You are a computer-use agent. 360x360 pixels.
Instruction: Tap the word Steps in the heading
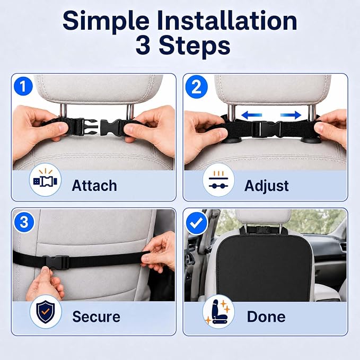[x=195, y=46]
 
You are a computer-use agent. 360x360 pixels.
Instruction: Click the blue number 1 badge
[x=23, y=86]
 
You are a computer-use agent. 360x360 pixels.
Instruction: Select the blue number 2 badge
[x=196, y=87]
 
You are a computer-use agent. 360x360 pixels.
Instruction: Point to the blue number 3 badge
[x=24, y=222]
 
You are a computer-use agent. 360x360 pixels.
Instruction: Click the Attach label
[x=94, y=186]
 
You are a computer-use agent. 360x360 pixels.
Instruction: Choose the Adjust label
[x=266, y=186]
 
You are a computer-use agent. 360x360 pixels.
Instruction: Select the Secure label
[x=96, y=317]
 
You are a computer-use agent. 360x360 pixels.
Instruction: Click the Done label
[x=266, y=317]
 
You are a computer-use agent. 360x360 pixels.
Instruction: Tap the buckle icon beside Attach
[x=45, y=180]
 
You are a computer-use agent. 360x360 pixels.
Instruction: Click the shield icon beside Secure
[x=46, y=312]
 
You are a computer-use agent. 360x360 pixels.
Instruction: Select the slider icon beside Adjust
[x=218, y=180]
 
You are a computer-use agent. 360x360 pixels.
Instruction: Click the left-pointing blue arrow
[x=252, y=115]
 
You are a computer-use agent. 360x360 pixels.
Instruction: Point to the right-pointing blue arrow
[x=291, y=115]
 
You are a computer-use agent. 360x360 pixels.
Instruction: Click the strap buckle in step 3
[x=57, y=262]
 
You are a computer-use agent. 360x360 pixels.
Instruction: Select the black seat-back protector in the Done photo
[x=264, y=266]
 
